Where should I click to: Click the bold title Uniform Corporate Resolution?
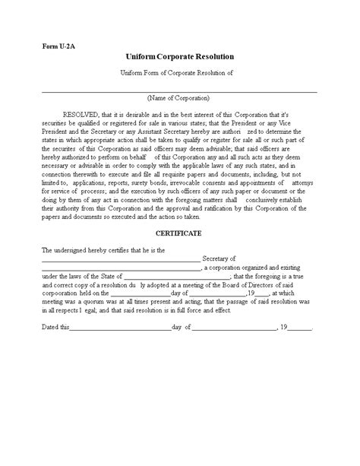pos(180,57)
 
